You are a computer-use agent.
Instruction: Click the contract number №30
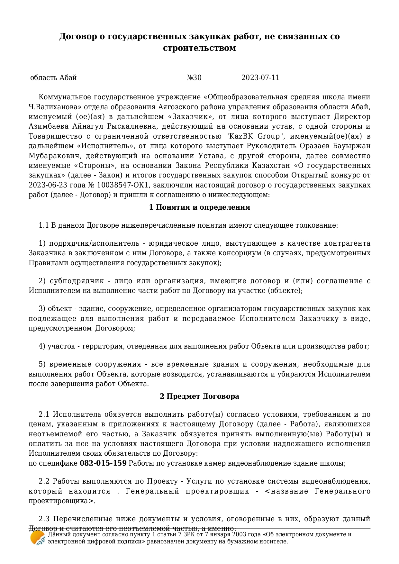pos(194,78)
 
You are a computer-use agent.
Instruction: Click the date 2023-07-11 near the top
pos(260,78)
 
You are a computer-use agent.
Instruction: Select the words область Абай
pos(53,78)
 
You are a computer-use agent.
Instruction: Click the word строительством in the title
pos(199,48)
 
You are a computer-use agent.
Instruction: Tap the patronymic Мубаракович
pos(54,156)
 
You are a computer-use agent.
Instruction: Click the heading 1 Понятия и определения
pos(199,207)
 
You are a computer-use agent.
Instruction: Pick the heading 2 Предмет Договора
pos(199,396)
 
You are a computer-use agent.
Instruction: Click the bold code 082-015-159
pos(103,463)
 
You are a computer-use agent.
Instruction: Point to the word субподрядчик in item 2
pos(77,281)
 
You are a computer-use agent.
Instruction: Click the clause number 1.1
pos(43,225)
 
